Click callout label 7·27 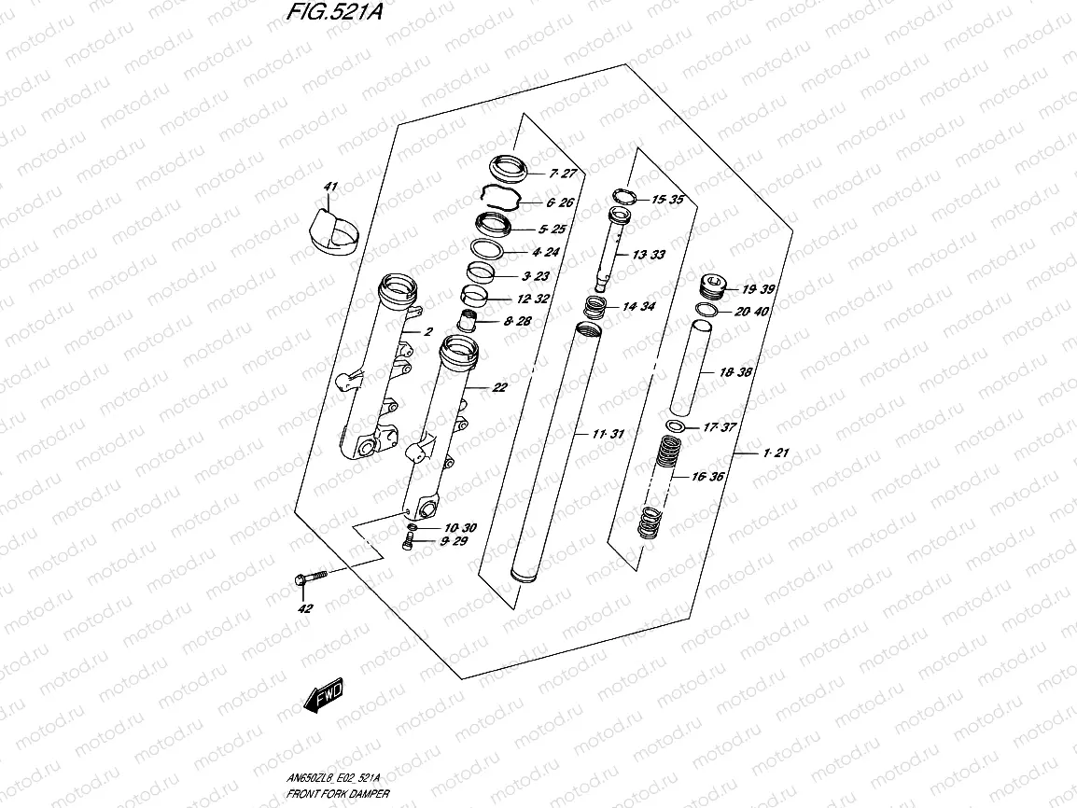[x=566, y=174]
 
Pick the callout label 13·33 [x=649, y=255]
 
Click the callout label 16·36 [x=708, y=477]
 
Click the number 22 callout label [x=499, y=388]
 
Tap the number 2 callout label [x=428, y=332]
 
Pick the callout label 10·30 [x=460, y=528]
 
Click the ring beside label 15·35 [x=624, y=198]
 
